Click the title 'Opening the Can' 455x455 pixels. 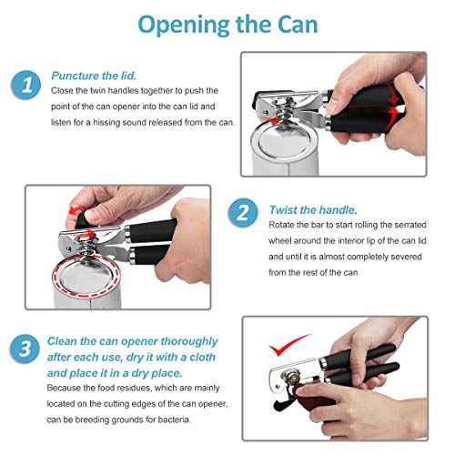click(x=227, y=25)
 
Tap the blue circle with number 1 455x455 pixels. click(x=26, y=86)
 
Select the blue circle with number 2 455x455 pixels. click(x=241, y=213)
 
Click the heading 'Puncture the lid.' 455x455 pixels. click(x=94, y=76)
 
